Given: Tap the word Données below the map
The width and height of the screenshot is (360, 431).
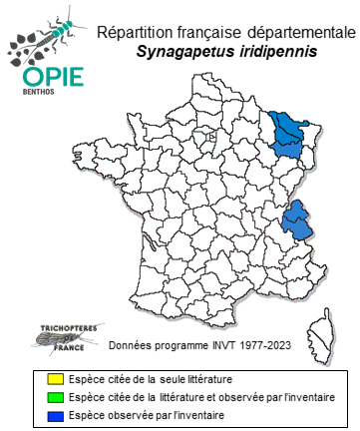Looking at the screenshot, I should tap(131, 348).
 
